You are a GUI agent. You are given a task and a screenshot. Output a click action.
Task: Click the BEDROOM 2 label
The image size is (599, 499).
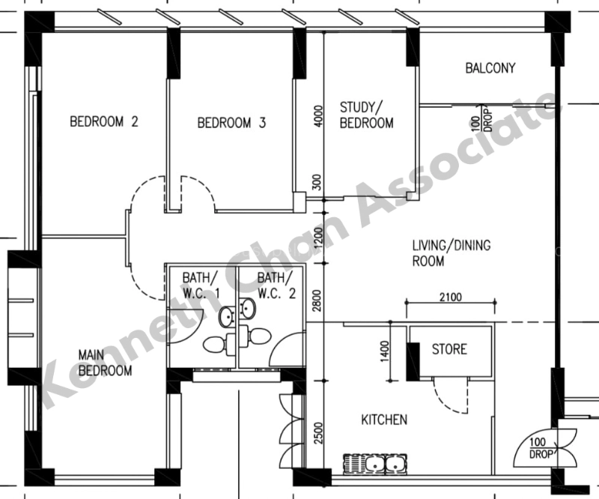coord(104,121)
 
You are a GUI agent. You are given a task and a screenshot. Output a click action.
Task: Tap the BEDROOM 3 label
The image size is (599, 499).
coord(231,123)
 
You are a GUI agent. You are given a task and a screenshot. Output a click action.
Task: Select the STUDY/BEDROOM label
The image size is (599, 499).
coord(366,115)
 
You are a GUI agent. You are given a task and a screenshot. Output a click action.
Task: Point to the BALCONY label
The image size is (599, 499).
coord(490,68)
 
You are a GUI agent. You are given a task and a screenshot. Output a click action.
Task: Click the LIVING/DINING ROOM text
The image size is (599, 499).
coord(451,253)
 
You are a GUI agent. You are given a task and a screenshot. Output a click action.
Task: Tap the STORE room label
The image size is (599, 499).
coord(449,349)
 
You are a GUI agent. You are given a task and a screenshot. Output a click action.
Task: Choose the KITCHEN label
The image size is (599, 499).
coord(384,420)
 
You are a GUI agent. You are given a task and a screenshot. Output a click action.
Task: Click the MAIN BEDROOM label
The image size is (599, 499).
coord(105,363)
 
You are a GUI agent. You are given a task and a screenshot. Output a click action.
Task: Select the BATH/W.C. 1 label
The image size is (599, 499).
coord(201,285)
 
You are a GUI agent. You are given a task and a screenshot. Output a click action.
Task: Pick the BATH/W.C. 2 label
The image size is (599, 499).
coord(276,285)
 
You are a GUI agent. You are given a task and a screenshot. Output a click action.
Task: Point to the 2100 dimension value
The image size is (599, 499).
coord(451,297)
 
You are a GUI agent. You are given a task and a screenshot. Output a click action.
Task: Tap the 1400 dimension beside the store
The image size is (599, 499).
coord(385,351)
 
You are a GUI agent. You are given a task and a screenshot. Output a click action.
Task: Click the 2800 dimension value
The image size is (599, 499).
coord(317,300)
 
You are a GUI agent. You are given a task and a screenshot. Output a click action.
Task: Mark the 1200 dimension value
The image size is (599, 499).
coord(317,238)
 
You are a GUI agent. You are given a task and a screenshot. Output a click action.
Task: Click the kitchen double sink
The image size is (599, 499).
coord(375,465)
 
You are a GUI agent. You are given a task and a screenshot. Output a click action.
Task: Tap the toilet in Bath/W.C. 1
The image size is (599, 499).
coord(219,343)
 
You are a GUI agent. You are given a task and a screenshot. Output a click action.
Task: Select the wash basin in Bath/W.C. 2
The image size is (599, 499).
coord(248,308)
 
